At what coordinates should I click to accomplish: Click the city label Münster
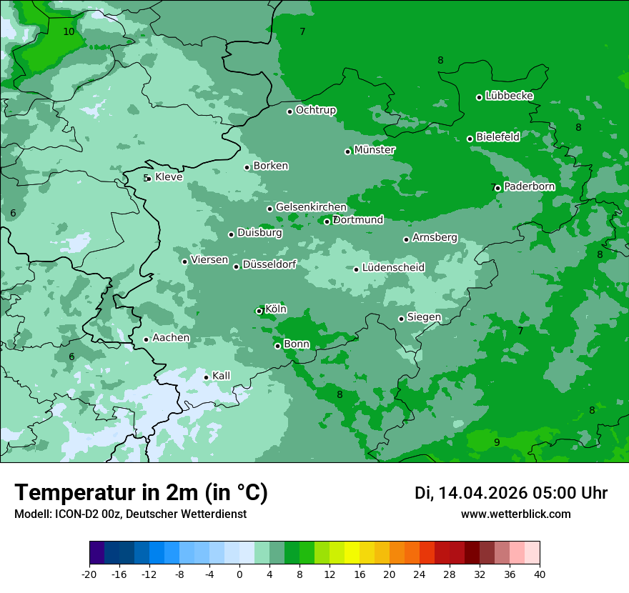pyautogui.click(x=375, y=150)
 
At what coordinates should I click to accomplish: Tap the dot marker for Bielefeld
pyautogui.click(x=470, y=139)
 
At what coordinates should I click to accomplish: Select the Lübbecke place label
pyautogui.click(x=509, y=96)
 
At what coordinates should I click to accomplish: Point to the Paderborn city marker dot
pyautogui.click(x=497, y=189)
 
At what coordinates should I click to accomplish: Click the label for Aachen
pyautogui.click(x=171, y=338)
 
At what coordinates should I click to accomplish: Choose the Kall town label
pyautogui.click(x=221, y=376)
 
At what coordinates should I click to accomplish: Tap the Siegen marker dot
pyautogui.click(x=401, y=319)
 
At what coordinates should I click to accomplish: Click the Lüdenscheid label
pyautogui.click(x=393, y=268)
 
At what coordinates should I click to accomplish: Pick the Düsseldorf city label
pyautogui.click(x=269, y=265)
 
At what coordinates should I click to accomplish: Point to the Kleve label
pyautogui.click(x=169, y=177)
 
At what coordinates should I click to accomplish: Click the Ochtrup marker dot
pyautogui.click(x=289, y=111)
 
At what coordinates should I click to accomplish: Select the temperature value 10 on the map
pyautogui.click(x=69, y=31)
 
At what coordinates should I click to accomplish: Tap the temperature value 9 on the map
pyautogui.click(x=497, y=442)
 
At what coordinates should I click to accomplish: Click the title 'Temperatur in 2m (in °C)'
pyautogui.click(x=141, y=493)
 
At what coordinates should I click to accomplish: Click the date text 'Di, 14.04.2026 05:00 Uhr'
pyautogui.click(x=511, y=493)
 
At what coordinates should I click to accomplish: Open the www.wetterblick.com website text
pyautogui.click(x=515, y=514)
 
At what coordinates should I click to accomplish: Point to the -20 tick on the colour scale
pyautogui.click(x=89, y=574)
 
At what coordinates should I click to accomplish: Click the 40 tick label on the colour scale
pyautogui.click(x=540, y=574)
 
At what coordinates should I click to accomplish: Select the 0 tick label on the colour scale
pyautogui.click(x=239, y=574)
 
